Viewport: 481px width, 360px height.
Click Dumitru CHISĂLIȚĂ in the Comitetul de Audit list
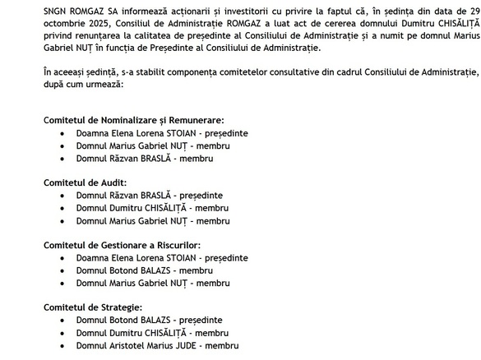coord(152,208)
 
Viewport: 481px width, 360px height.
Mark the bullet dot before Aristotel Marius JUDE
coord(63,346)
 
